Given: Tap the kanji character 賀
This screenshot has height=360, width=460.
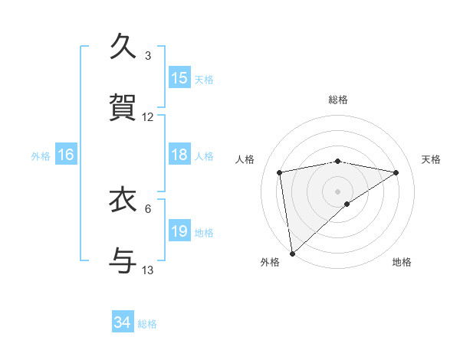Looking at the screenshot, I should click(x=124, y=108).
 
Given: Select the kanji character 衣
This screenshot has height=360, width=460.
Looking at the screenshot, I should click(x=124, y=200).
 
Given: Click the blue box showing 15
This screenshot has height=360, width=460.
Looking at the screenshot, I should click(x=179, y=78).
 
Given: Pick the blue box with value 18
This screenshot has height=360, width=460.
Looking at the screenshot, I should click(x=179, y=155).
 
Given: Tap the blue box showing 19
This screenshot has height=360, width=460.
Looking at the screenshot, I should click(x=179, y=231).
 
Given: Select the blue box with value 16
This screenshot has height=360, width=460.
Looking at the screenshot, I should click(x=66, y=155).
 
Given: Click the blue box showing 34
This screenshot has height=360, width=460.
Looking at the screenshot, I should click(x=123, y=322).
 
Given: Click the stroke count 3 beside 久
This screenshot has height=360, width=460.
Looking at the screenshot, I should click(x=148, y=56).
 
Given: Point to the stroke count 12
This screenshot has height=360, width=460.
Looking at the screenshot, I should click(x=148, y=117).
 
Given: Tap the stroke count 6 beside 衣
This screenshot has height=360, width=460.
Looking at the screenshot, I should click(x=148, y=208).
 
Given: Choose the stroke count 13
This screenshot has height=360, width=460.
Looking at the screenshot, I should click(x=148, y=270).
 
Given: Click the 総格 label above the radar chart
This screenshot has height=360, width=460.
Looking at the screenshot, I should click(x=338, y=100).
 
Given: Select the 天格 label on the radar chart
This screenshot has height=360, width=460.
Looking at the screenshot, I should click(x=431, y=159).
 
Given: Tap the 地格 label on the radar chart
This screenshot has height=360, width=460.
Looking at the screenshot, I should click(x=402, y=262).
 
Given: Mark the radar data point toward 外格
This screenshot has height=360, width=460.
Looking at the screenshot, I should click(x=292, y=253).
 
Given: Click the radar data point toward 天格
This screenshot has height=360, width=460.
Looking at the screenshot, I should click(x=396, y=172).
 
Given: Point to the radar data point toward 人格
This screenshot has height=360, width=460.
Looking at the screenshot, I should click(x=280, y=172).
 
